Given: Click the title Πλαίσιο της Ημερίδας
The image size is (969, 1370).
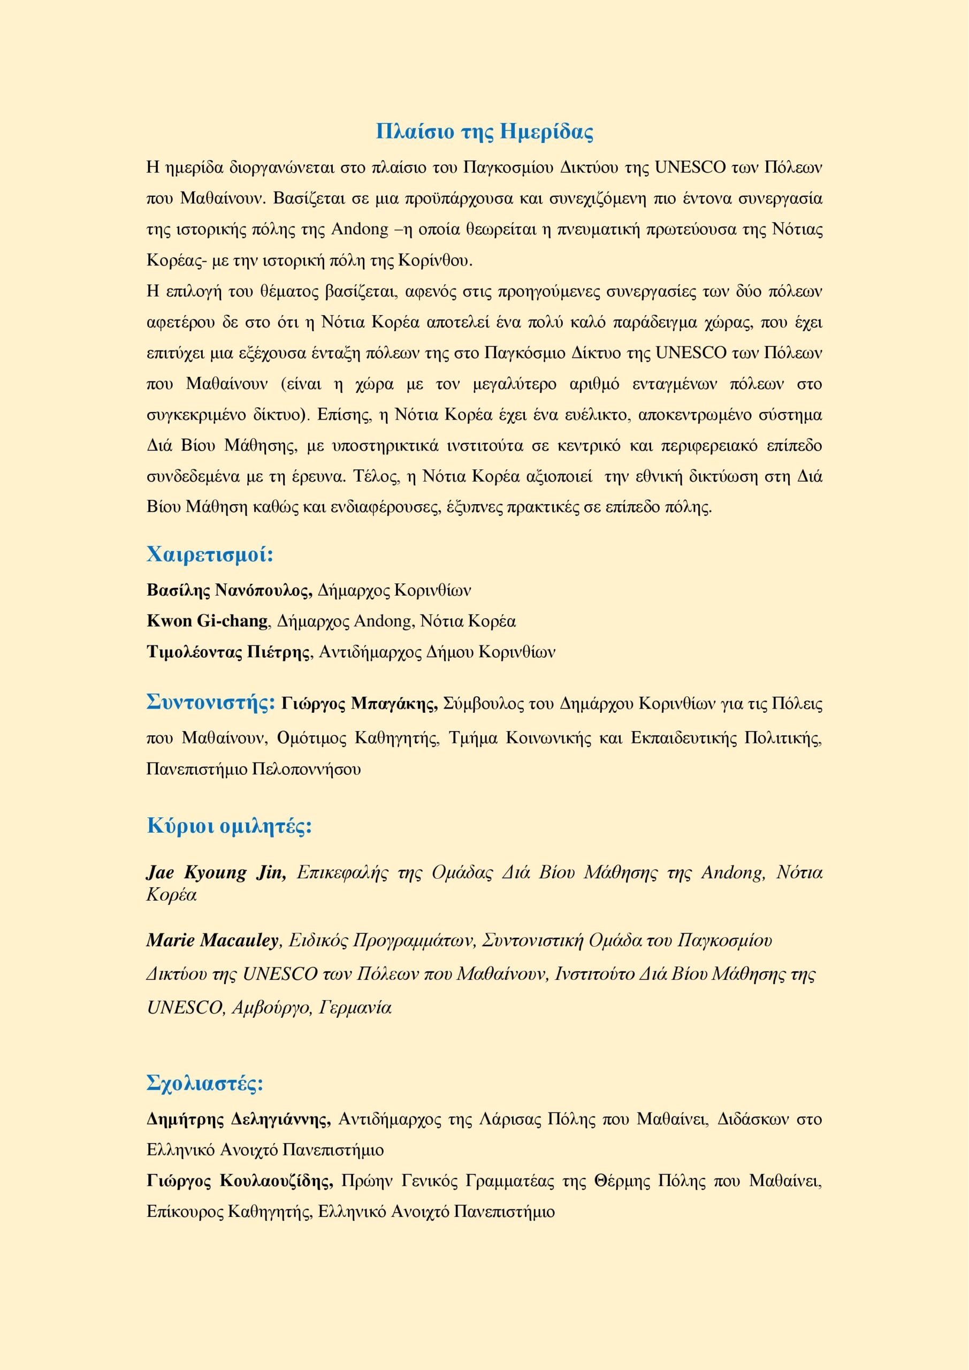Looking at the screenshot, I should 485,131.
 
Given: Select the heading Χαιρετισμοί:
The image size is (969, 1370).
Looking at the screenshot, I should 210,554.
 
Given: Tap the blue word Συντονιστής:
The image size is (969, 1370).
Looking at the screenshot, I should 211,702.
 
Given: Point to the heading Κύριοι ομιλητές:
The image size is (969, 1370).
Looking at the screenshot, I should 230,826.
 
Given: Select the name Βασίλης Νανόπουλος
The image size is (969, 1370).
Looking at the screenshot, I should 229,590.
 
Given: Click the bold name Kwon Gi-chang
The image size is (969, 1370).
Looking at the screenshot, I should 207,621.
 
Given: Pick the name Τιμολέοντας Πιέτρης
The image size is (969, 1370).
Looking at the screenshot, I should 229,652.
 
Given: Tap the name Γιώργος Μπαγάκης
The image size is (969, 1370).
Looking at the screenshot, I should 359,704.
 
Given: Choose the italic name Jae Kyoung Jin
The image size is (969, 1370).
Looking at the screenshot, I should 216,873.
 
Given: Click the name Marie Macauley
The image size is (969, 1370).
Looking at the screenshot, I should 212,941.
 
